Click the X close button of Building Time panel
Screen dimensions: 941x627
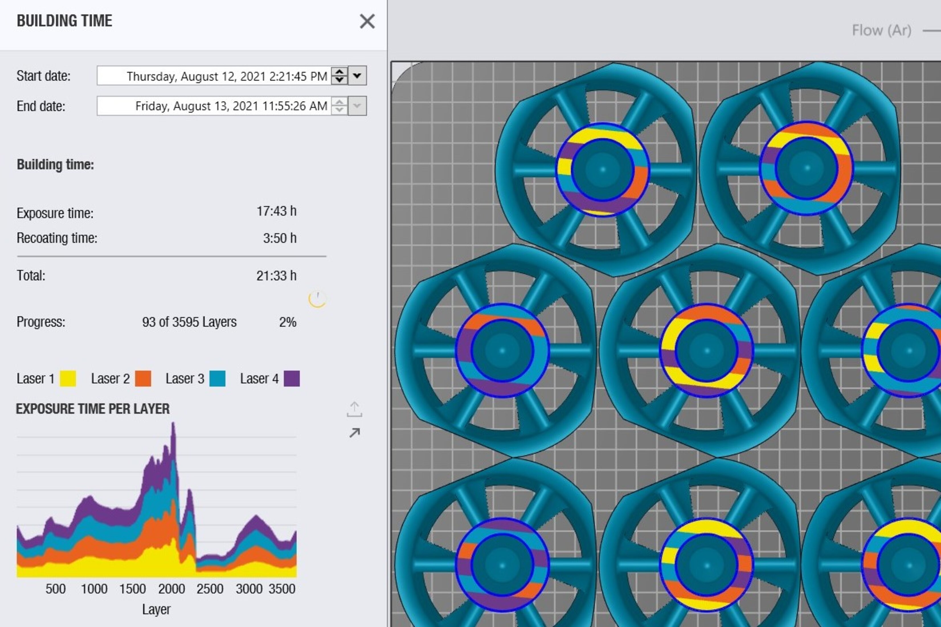tap(367, 21)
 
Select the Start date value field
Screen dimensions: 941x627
tap(214, 76)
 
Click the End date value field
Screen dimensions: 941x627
tap(214, 106)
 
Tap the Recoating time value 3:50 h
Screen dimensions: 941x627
tap(280, 238)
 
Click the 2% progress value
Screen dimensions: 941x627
tap(288, 322)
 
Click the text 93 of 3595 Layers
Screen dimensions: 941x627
tap(189, 322)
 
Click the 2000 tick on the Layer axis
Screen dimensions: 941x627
tap(171, 589)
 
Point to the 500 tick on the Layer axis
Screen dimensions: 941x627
tap(55, 589)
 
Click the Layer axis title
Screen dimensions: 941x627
tap(156, 609)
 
